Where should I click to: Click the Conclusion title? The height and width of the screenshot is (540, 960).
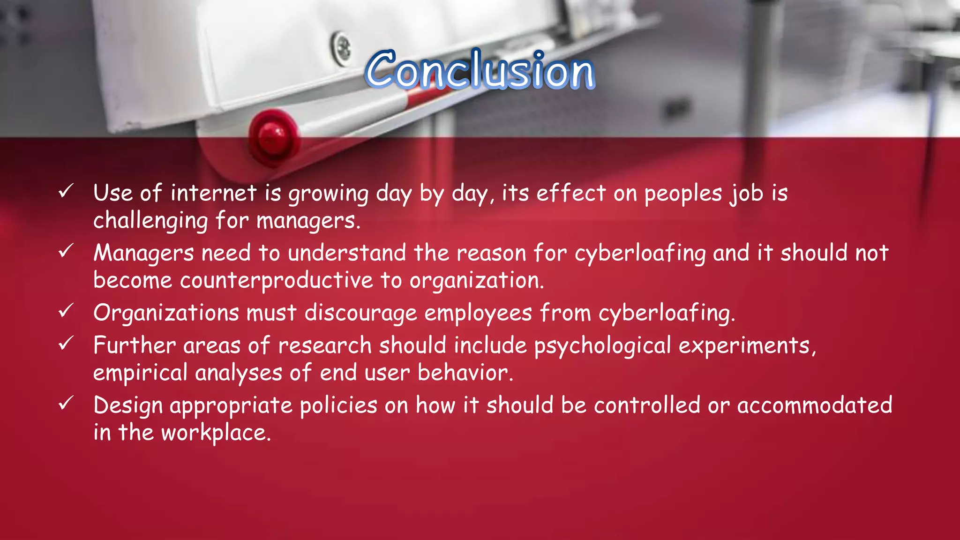[x=480, y=70]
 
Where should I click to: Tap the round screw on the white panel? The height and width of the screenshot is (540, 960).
[x=341, y=47]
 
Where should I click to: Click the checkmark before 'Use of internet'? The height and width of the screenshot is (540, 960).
[x=66, y=191]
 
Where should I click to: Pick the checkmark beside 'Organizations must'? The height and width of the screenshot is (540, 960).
[x=66, y=310]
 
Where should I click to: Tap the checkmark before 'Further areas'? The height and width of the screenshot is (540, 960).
[x=66, y=343]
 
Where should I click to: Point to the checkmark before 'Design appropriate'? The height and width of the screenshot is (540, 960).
[x=66, y=403]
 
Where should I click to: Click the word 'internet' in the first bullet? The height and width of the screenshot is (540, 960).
[x=214, y=193]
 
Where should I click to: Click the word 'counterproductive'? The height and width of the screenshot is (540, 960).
[x=277, y=280]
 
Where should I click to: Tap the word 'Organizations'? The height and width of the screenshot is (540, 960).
[x=166, y=313]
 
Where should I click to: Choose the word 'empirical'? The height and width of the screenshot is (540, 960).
[x=140, y=373]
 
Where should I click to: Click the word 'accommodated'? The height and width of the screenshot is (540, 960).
[x=815, y=405]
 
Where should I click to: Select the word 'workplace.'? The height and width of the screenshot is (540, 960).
[x=216, y=433]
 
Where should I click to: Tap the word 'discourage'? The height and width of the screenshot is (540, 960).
[x=360, y=313]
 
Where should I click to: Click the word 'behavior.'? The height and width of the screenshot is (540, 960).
[x=465, y=373]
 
